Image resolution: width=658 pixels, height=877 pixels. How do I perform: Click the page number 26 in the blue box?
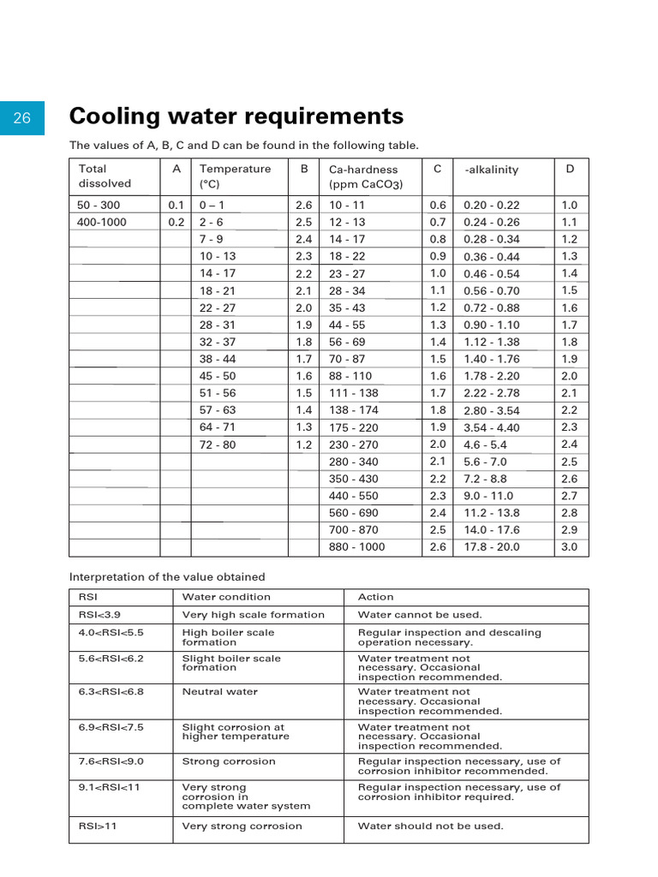click(22, 117)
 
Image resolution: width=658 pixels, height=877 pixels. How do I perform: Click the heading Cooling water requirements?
click(236, 116)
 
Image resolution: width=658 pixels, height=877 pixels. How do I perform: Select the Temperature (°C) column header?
click(234, 176)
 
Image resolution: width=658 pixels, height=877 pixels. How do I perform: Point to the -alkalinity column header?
click(491, 170)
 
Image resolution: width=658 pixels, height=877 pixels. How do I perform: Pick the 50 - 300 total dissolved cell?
click(99, 206)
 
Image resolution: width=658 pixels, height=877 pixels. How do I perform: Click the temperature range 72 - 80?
click(217, 444)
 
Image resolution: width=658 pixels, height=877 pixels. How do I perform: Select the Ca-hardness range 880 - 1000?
click(357, 547)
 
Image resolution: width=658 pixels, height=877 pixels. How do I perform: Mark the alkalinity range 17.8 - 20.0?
click(492, 547)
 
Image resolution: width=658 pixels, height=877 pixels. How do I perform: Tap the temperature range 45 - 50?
click(217, 376)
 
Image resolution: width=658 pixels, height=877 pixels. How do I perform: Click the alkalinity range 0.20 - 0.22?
click(492, 206)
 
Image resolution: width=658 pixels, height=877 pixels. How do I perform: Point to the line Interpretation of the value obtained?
click(167, 576)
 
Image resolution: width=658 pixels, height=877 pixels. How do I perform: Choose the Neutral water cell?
click(219, 691)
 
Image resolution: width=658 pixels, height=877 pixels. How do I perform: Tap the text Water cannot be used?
click(420, 614)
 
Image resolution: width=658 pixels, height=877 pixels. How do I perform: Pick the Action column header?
click(376, 597)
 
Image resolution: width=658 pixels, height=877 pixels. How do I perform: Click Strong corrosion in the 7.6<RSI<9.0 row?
click(229, 761)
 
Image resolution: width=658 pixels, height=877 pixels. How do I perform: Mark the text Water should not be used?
click(430, 826)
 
